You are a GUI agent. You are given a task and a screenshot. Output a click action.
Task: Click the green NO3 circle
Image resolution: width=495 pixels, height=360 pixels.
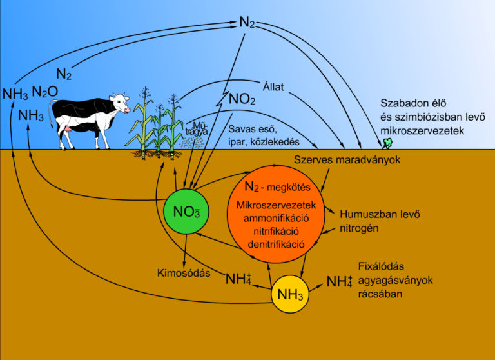click(185, 211)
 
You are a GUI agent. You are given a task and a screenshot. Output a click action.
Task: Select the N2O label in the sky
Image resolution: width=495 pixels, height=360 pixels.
click(49, 92)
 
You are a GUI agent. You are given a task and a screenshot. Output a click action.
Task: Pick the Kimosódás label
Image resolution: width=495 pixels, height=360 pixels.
click(184, 273)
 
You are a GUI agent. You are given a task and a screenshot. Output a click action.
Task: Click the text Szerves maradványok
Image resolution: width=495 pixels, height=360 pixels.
click(345, 159)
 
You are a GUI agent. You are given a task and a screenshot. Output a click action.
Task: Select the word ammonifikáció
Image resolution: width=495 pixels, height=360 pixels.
click(275, 218)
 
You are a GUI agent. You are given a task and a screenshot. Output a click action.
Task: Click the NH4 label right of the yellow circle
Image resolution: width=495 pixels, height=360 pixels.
click(340, 282)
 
